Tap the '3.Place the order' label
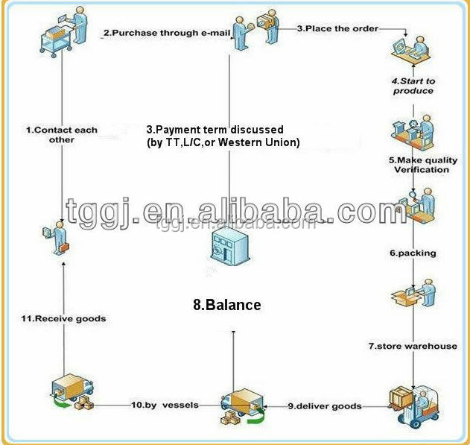338,28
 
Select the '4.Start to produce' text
413,86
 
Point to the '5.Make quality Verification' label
422,165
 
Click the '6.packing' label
413,253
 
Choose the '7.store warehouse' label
413,346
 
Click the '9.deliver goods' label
325,406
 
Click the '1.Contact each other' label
61,135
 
